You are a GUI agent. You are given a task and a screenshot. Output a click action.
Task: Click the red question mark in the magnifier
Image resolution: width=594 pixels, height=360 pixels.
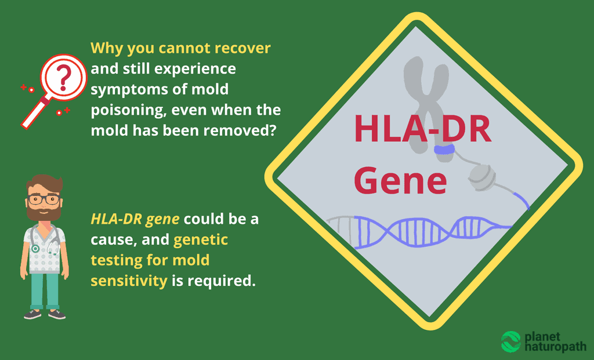[x=65, y=76]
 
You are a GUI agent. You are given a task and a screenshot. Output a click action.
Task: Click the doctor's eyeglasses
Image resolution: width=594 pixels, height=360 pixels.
[x=44, y=199]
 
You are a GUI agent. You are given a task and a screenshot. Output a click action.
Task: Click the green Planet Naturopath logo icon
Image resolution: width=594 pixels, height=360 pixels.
[x=511, y=341]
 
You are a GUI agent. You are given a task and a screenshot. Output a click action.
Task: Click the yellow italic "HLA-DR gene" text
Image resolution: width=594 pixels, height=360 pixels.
[x=134, y=219]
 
